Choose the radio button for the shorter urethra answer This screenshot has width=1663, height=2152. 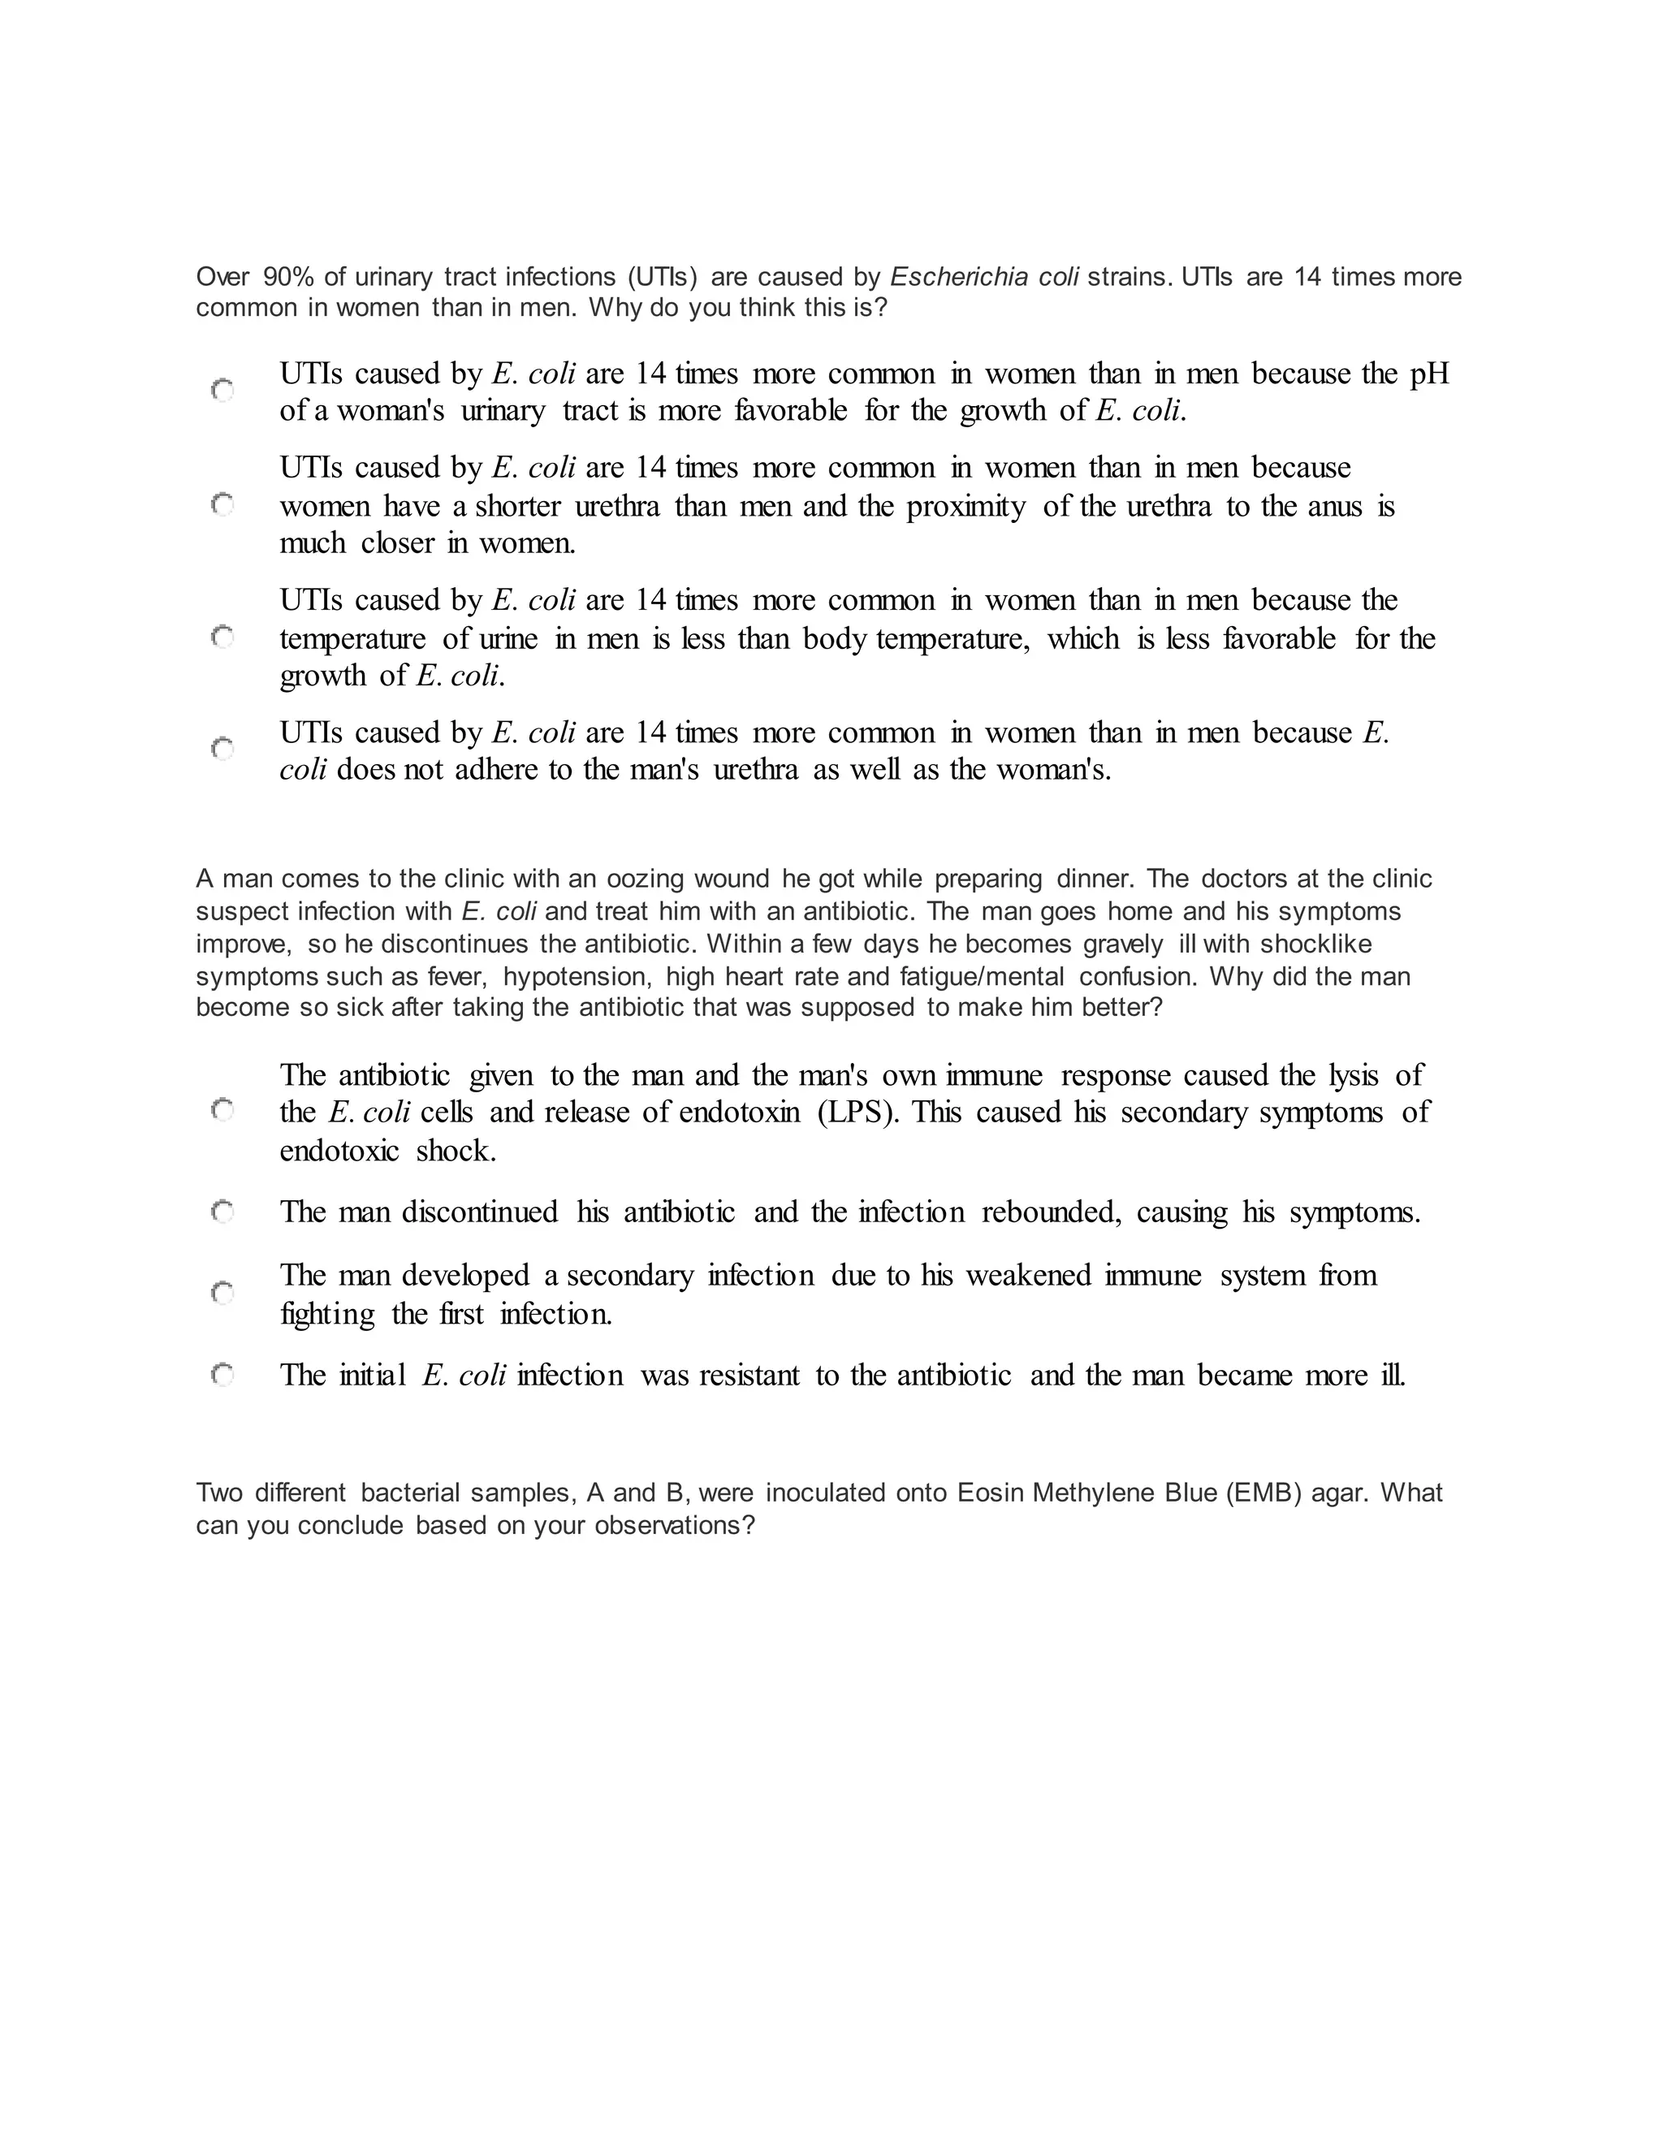[222, 505]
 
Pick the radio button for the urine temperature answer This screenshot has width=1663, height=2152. [222, 637]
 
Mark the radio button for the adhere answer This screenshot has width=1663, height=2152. [222, 750]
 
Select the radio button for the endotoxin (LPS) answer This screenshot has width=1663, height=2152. [222, 1110]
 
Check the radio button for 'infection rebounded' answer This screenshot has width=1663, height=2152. [222, 1211]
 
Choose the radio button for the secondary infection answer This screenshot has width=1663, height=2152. [222, 1293]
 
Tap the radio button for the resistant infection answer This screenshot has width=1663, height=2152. [222, 1375]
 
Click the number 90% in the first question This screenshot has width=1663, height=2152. [288, 277]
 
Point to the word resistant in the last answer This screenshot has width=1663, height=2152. [749, 1376]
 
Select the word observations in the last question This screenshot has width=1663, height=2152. [674, 1525]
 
